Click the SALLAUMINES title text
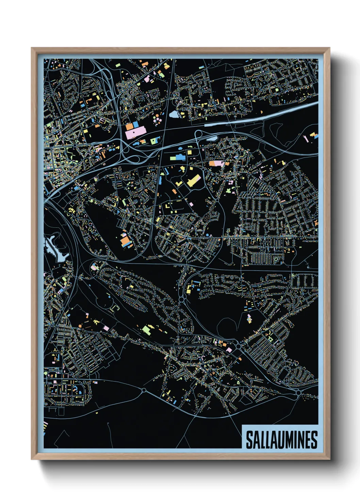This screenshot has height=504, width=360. (281, 440)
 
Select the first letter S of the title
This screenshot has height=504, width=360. (249, 440)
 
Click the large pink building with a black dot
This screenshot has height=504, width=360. (135, 132)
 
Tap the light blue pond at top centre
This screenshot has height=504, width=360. (174, 114)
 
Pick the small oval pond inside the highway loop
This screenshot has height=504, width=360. (212, 138)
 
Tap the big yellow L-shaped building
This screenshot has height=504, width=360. (193, 180)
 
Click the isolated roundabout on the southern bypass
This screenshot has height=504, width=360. (144, 390)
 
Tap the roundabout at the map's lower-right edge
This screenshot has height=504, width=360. (298, 393)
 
